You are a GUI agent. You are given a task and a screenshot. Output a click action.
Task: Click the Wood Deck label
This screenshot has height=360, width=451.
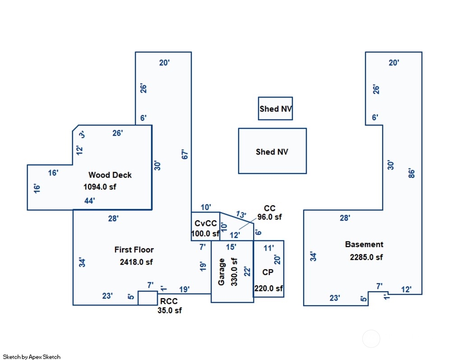(x=110, y=175)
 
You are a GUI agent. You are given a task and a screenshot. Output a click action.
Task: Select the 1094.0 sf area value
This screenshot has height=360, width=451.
(x=100, y=187)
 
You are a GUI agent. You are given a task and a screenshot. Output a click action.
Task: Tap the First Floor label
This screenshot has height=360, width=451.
(x=134, y=250)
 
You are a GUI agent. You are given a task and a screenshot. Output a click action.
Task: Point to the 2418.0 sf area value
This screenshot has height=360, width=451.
(x=136, y=262)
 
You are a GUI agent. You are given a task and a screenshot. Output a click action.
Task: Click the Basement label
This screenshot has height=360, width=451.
(x=364, y=245)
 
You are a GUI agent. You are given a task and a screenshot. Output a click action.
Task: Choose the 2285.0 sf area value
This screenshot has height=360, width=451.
(x=366, y=257)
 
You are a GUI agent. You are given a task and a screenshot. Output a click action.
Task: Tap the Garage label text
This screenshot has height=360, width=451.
(x=221, y=272)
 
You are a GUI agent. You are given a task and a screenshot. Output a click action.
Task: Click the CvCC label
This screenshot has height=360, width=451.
(x=206, y=223)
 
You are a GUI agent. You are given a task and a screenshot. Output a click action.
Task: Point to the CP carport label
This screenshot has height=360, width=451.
(x=268, y=272)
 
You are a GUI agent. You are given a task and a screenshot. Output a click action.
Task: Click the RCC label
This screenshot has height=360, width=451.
(x=169, y=301)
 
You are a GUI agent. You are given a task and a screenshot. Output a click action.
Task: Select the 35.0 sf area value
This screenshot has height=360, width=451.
(x=170, y=310)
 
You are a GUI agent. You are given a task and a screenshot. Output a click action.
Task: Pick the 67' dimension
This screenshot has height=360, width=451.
(x=185, y=154)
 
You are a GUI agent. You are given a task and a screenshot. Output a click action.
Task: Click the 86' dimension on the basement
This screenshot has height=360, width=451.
(x=412, y=173)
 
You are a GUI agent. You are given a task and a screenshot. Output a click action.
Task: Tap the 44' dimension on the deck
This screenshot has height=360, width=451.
(x=89, y=201)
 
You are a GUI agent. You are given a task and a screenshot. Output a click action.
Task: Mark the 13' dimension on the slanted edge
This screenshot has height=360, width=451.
(x=241, y=214)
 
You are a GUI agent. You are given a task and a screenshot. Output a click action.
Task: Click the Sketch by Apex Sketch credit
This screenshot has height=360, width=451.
(x=32, y=357)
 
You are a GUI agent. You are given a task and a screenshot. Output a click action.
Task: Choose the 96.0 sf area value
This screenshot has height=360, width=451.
(x=270, y=217)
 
